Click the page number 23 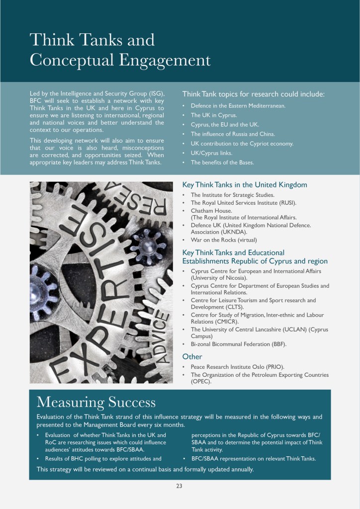pos(179,486)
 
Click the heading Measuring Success pos(96,402)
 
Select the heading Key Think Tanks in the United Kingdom pos(245,185)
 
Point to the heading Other pos(192,356)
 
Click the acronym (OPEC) pos(201,382)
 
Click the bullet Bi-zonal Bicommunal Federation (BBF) pos(239,344)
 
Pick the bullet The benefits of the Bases pos(222,163)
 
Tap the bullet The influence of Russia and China pos(233,134)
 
